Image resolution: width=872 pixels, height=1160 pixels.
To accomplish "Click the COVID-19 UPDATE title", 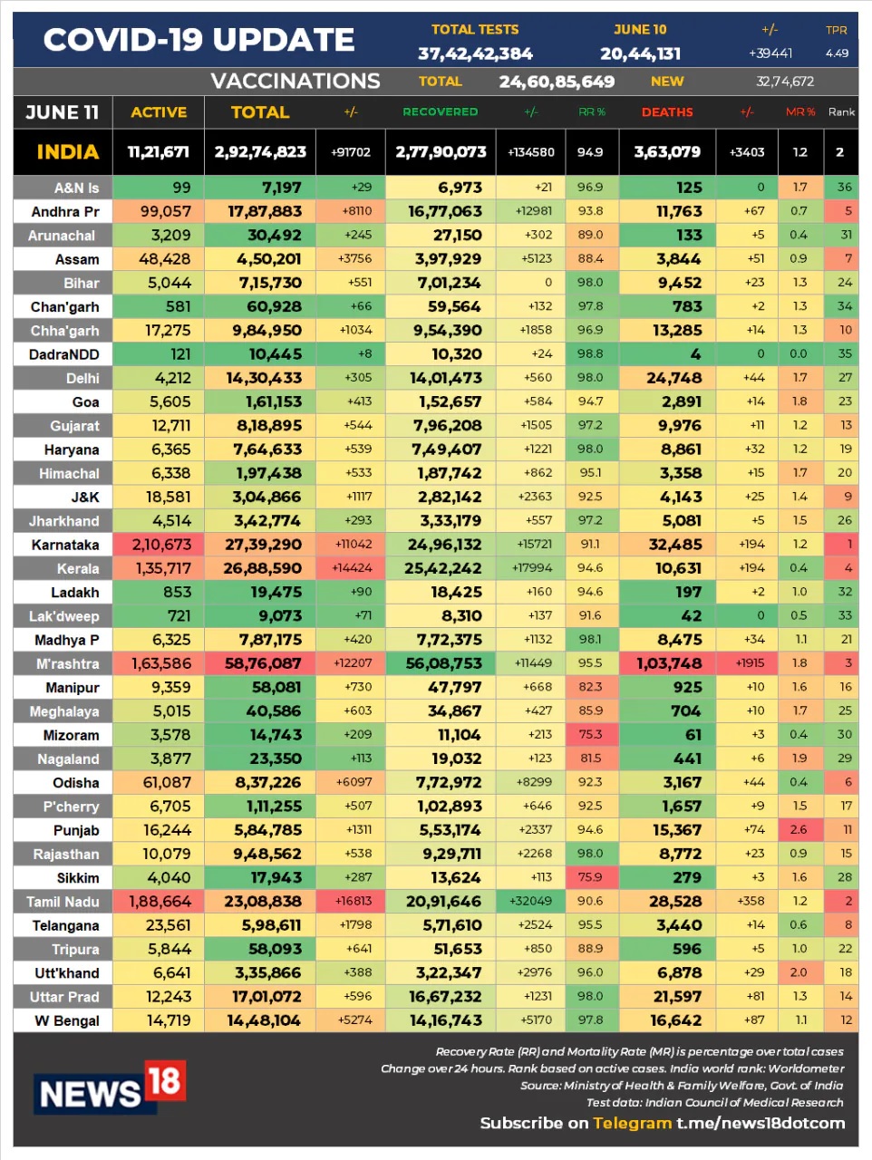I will pos(199,40).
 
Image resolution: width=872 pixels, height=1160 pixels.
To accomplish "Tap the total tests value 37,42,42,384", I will pos(475,53).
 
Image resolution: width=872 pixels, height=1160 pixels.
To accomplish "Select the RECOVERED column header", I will pos(440,111).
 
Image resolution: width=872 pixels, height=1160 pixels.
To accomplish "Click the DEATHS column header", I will pos(667,111).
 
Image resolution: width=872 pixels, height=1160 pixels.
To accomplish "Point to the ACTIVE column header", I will pos(159,112).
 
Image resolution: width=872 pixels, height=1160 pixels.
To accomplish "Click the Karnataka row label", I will pos(65,545).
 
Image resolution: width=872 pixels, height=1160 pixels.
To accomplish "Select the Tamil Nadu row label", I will pos(63,902).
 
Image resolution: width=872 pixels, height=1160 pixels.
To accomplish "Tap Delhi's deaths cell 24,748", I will pos(673,378).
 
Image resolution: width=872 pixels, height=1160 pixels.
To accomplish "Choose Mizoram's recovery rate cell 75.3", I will pos(590,735).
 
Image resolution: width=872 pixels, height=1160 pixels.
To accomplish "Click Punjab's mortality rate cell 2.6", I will pos(799,829).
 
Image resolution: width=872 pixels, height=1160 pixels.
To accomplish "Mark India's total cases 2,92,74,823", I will pos(260,151).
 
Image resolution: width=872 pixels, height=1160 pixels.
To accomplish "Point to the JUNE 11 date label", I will pos(62,112).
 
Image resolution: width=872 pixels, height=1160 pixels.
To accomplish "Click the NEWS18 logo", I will pos(109,1087).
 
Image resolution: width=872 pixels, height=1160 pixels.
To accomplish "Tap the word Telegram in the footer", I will pos(632,1123).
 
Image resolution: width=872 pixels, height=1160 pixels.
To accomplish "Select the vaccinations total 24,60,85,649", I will pos(557,82).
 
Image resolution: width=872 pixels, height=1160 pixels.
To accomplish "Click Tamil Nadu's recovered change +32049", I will pos(531,901).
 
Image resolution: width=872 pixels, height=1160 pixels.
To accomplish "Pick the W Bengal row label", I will pos(67,1020).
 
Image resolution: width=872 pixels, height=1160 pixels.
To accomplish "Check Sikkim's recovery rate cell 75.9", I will pos(590,877).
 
